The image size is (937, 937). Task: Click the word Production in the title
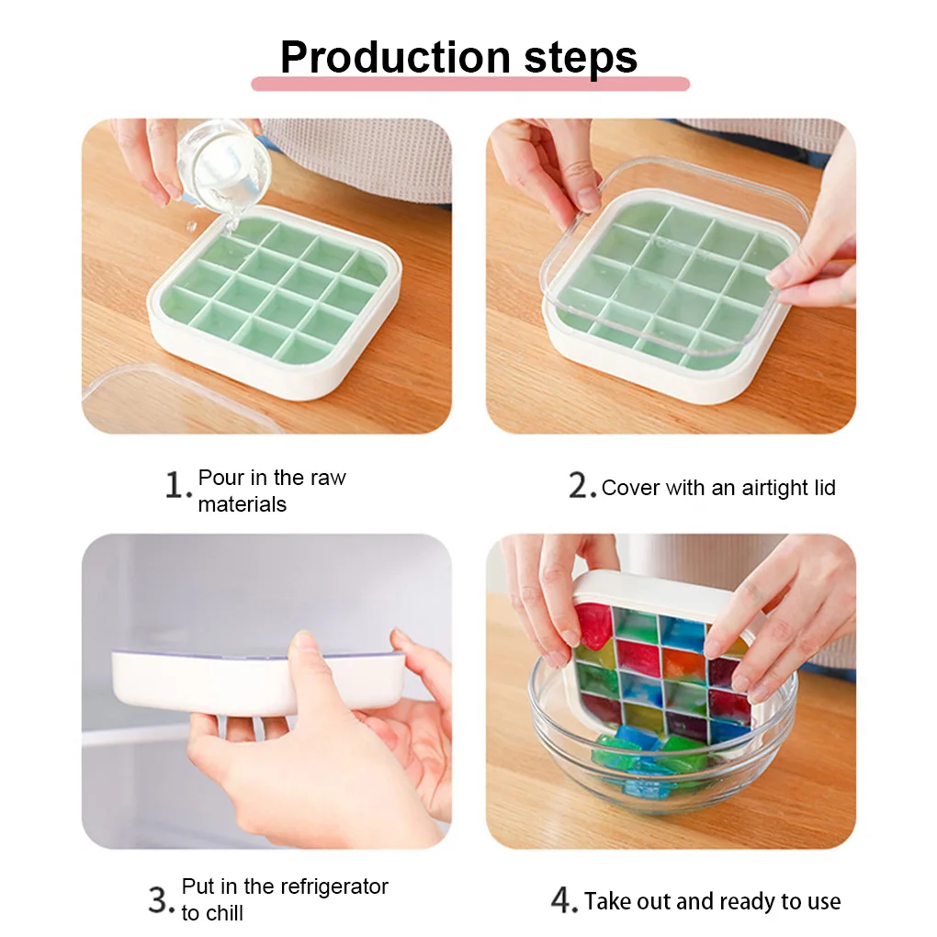click(x=395, y=57)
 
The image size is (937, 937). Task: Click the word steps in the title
click(x=581, y=59)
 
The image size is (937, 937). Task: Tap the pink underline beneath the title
click(x=470, y=84)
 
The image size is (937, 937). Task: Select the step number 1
click(x=177, y=485)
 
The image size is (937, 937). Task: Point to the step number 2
click(x=582, y=485)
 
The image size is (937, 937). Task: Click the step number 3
click(x=162, y=900)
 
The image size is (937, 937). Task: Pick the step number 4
click(x=563, y=900)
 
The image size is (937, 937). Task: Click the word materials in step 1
click(x=242, y=504)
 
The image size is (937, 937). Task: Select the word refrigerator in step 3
click(x=334, y=886)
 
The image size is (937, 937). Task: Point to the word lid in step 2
click(x=825, y=488)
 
